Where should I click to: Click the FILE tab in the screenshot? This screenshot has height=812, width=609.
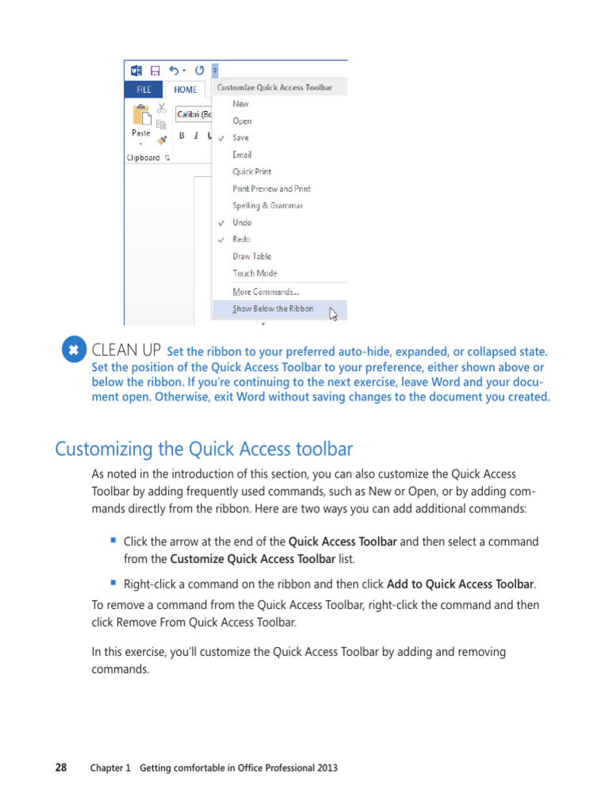(x=144, y=90)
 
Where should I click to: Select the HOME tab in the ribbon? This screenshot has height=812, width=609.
(x=186, y=90)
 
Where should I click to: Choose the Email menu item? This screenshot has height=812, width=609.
(x=242, y=155)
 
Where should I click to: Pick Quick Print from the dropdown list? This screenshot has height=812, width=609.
(x=251, y=171)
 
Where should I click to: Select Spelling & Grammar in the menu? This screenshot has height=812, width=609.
(x=267, y=205)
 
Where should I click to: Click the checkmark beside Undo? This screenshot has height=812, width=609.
(x=221, y=223)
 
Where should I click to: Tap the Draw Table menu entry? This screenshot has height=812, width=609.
(x=251, y=256)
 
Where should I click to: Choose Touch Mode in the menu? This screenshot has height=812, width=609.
(x=255, y=273)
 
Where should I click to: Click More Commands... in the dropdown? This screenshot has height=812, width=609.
(x=265, y=292)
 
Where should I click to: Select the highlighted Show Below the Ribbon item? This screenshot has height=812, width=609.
(x=273, y=308)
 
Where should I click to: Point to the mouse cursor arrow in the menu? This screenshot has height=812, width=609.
(x=333, y=314)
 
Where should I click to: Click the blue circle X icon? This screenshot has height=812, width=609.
(x=73, y=350)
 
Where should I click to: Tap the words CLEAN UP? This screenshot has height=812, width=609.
(x=127, y=350)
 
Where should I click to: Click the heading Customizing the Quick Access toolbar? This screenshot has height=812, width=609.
(x=204, y=449)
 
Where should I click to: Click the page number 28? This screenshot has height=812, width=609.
(x=61, y=768)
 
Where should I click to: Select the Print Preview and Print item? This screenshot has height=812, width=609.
(x=271, y=189)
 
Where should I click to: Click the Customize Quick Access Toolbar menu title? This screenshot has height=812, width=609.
(x=274, y=88)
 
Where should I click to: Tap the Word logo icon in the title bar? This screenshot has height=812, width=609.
(x=136, y=70)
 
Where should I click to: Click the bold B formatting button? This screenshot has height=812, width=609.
(x=182, y=136)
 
